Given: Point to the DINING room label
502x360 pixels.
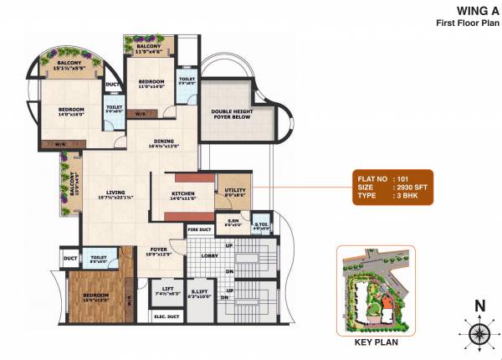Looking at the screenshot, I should tap(163, 142).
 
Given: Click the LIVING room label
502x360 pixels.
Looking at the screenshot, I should tap(115, 193).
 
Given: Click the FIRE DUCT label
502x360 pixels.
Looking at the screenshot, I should tap(198, 229).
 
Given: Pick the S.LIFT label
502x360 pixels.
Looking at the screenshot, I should tap(199, 289).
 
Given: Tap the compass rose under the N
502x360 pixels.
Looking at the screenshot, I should tap(479, 333).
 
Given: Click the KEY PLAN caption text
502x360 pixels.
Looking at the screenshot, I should tap(376, 342).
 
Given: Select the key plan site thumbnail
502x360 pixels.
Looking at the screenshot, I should tap(375, 290).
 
